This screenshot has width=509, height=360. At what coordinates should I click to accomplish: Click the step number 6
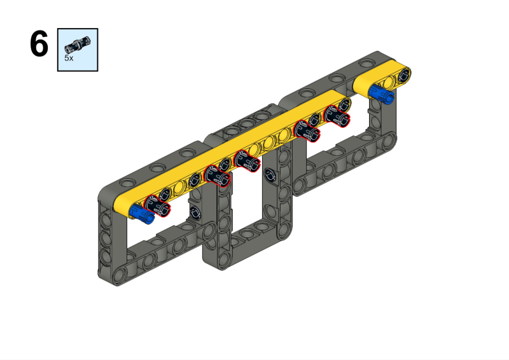pos(39,45)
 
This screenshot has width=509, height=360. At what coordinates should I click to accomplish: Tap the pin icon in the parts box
pos(78,44)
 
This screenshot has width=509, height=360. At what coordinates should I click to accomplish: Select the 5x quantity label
pos(69,57)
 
